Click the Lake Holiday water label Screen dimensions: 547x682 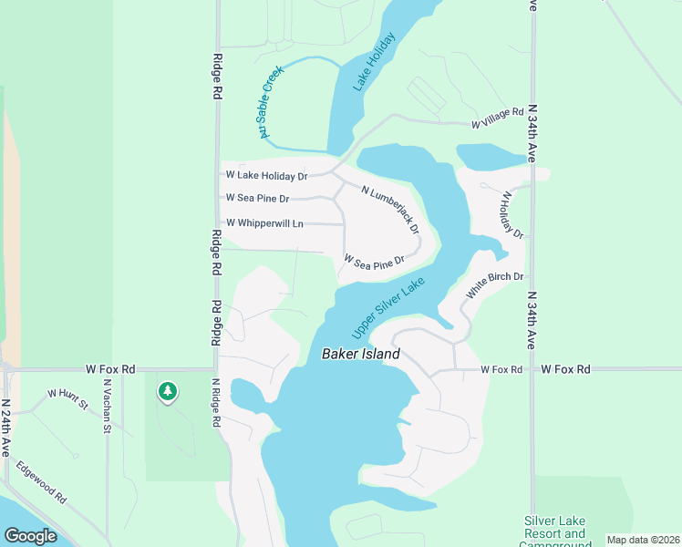(x=375, y=62)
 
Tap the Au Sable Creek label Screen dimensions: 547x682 (x=266, y=101)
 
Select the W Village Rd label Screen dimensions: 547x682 (x=497, y=118)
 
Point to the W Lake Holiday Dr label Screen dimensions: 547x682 (x=266, y=175)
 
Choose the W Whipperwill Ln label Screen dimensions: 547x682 (x=264, y=222)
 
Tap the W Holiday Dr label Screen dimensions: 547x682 (x=511, y=214)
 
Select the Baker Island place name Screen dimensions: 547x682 (x=361, y=354)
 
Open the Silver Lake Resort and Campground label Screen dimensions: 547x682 (x=554, y=532)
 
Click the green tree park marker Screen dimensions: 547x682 (x=167, y=392)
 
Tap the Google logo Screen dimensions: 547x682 (x=30, y=535)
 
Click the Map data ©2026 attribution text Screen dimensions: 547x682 (x=642, y=540)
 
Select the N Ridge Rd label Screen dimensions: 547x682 (x=215, y=404)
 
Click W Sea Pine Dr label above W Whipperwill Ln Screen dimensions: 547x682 (x=257, y=198)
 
